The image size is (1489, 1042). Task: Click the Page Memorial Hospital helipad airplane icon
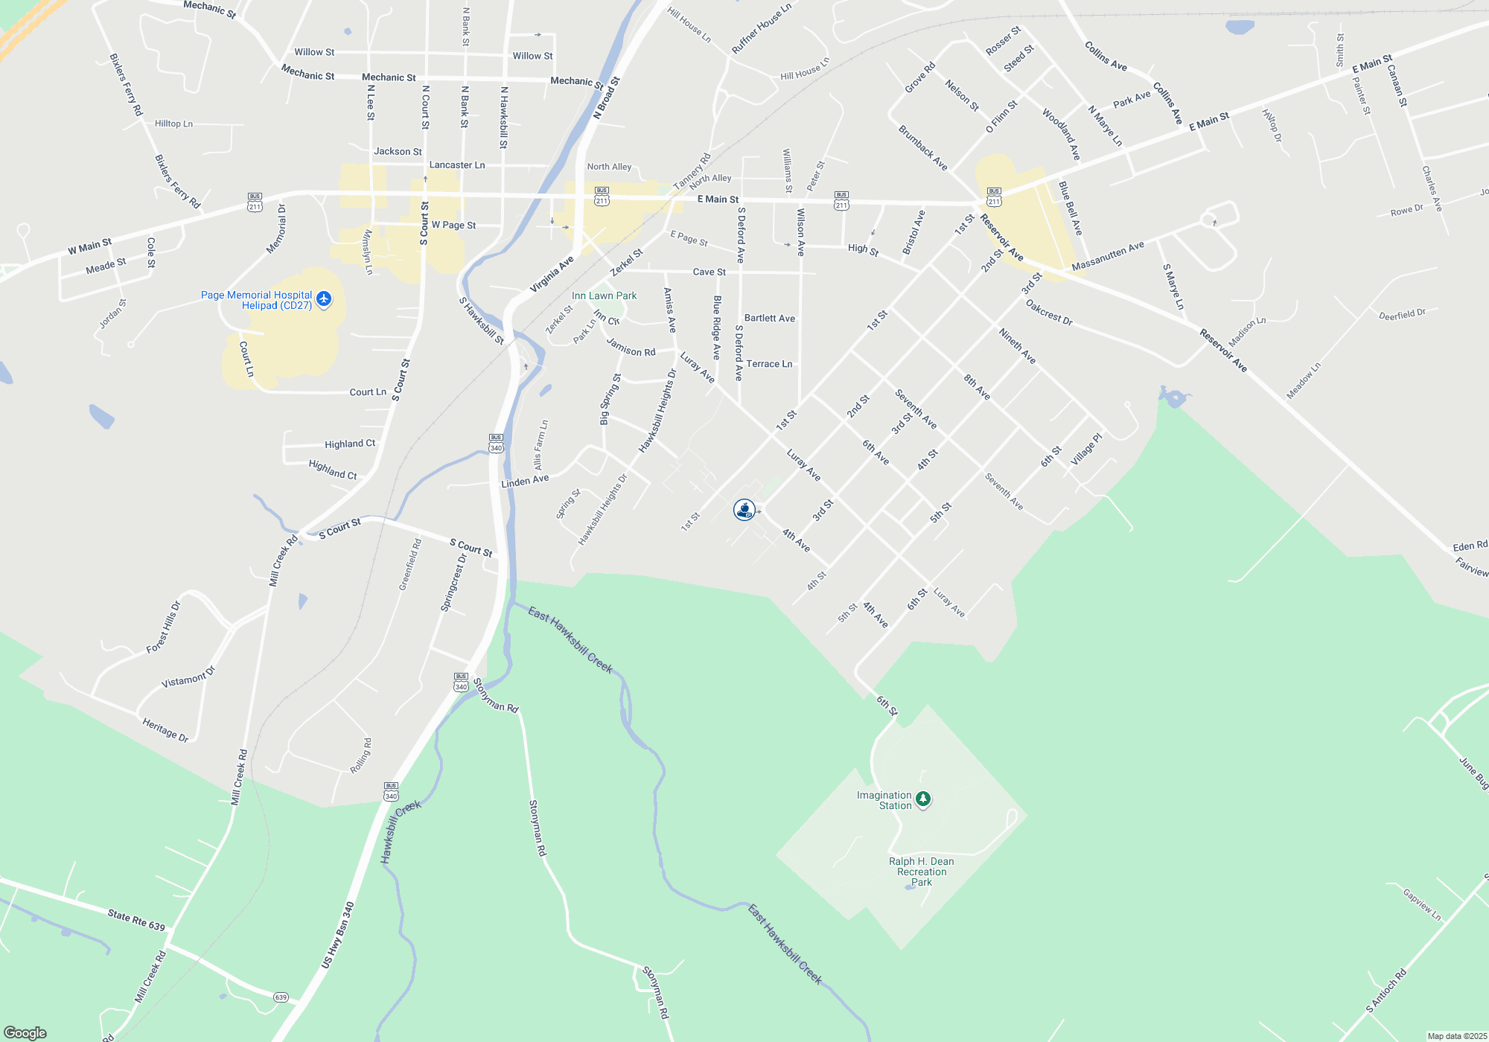pyautogui.click(x=323, y=299)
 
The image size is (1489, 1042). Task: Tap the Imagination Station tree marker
pyautogui.click(x=923, y=799)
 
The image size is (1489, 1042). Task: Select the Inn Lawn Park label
pyautogui.click(x=604, y=295)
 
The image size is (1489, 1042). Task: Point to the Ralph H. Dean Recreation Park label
pyautogui.click(x=921, y=872)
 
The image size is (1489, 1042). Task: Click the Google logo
pyautogui.click(x=25, y=1033)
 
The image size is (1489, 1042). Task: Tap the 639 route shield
pyautogui.click(x=281, y=997)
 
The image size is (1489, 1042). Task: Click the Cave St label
pyautogui.click(x=709, y=272)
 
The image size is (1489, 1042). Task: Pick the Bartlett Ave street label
pyautogui.click(x=769, y=319)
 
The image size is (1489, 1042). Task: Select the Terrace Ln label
pyautogui.click(x=769, y=364)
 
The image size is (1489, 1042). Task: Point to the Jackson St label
pyautogui.click(x=398, y=152)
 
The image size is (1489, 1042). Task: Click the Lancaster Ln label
pyautogui.click(x=457, y=165)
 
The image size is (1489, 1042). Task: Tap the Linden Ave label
pyautogui.click(x=525, y=482)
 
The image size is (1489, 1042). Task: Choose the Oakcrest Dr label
pyautogui.click(x=1048, y=313)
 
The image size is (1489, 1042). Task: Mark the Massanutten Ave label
pyautogui.click(x=1108, y=256)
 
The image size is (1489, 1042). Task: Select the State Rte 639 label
pyautogui.click(x=136, y=920)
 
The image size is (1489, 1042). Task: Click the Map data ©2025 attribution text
pyautogui.click(x=1456, y=1036)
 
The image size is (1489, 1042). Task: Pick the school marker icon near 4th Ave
pyautogui.click(x=744, y=510)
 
